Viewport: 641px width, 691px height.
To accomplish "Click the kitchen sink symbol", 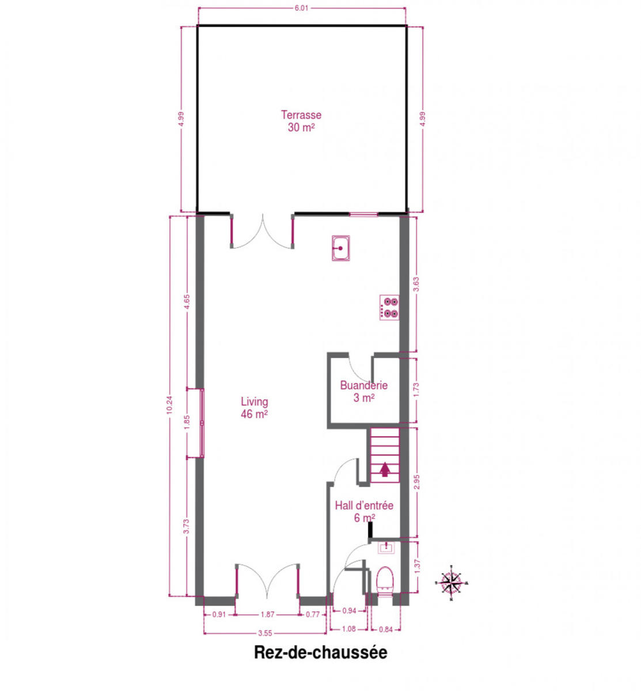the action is click(x=340, y=248).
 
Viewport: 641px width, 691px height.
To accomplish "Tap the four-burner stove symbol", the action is click(x=389, y=307).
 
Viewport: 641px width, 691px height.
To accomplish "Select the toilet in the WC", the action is click(x=385, y=582).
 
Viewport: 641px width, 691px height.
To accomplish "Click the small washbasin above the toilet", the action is click(x=386, y=548).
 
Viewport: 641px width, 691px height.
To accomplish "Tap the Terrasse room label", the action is click(x=301, y=121).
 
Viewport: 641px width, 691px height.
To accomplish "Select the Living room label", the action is click(x=255, y=408).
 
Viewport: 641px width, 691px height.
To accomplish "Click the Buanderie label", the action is click(x=363, y=391).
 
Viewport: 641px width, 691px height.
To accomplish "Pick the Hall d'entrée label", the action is click(x=364, y=511).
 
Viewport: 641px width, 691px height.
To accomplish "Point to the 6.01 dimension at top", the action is click(x=301, y=8).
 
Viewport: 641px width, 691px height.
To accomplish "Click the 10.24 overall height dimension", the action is click(x=169, y=405).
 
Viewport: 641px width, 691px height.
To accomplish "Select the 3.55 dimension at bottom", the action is click(x=265, y=633).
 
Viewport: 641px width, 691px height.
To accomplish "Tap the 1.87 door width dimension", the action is click(x=267, y=614).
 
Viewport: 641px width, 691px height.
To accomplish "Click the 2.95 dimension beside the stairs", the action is click(x=417, y=482).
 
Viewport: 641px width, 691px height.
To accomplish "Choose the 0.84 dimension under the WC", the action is click(x=385, y=629).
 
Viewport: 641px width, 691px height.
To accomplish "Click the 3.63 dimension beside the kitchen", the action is click(x=417, y=284).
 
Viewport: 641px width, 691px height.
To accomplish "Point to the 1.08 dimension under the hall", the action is click(x=348, y=629).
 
